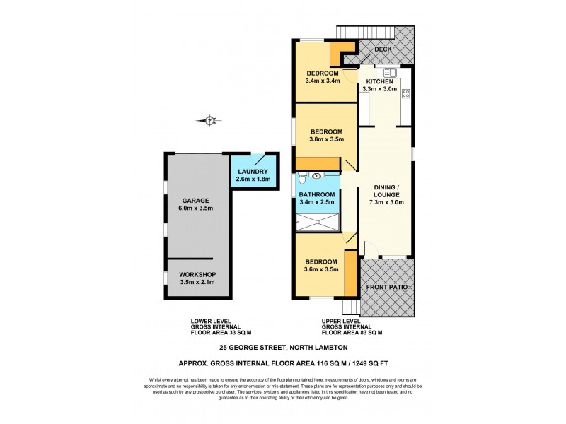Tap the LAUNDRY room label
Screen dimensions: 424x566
[x=253, y=172]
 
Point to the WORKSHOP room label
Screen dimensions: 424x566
[x=197, y=274]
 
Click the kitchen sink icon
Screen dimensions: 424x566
[x=389, y=73]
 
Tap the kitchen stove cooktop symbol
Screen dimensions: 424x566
[x=406, y=95]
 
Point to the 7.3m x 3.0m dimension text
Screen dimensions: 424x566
[x=387, y=202]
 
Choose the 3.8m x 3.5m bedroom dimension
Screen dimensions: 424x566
[x=326, y=139]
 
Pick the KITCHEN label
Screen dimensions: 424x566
[x=380, y=81]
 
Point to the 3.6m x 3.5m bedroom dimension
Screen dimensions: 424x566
[x=321, y=269]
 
